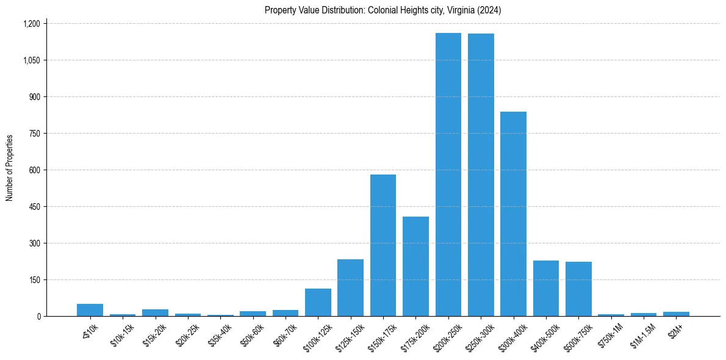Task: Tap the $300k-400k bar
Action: pyautogui.click(x=513, y=214)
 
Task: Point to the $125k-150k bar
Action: pyautogui.click(x=350, y=287)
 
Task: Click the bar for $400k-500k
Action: pyautogui.click(x=546, y=288)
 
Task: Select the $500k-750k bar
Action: pyautogui.click(x=578, y=289)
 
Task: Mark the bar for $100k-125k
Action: pyautogui.click(x=318, y=302)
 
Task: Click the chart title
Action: pyautogui.click(x=383, y=10)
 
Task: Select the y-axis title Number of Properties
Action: pyautogui.click(x=10, y=168)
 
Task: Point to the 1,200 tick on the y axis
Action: pyautogui.click(x=31, y=24)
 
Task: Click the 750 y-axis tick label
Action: pyautogui.click(x=34, y=134)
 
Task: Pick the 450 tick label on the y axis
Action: pyautogui.click(x=34, y=207)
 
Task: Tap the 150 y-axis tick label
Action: pyautogui.click(x=34, y=280)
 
